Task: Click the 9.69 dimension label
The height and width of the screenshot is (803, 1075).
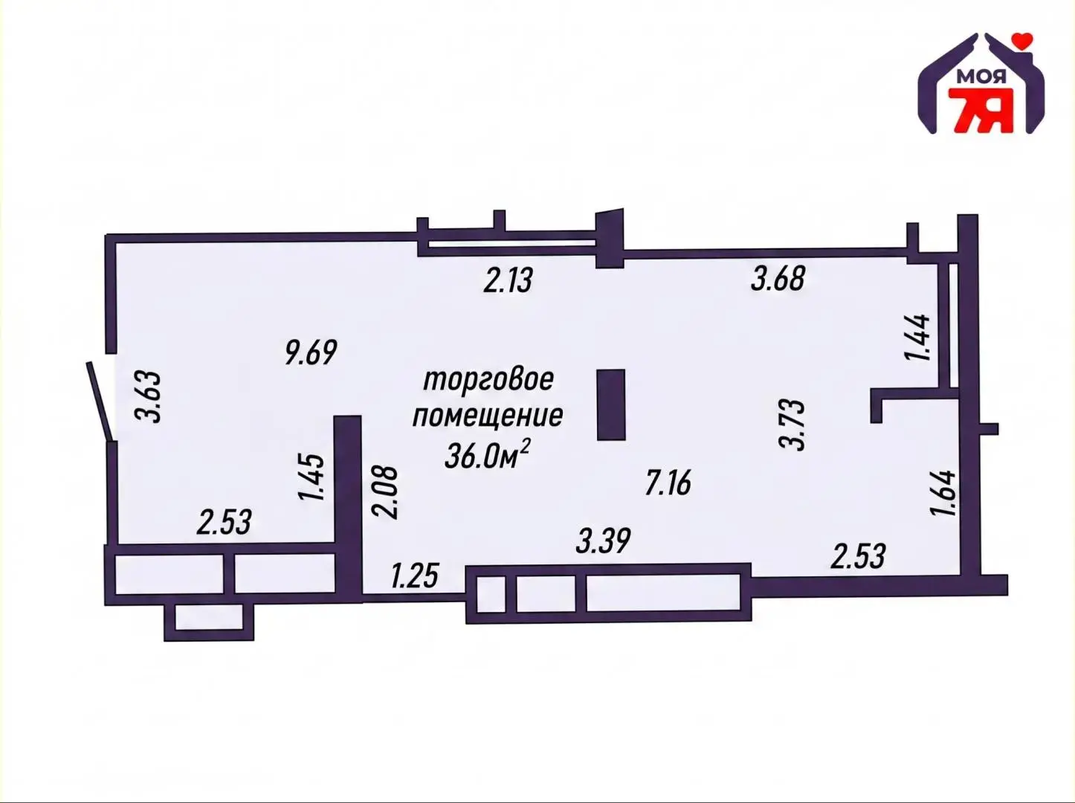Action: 311,352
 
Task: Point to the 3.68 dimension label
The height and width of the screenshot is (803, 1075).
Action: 778,279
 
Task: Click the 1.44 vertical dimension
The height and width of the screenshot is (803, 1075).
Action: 917,338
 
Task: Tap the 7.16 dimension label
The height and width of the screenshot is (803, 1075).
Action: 668,483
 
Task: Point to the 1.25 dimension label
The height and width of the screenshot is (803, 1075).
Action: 414,575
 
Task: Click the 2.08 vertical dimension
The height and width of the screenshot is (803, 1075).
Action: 385,492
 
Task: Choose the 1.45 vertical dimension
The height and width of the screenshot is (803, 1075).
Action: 311,477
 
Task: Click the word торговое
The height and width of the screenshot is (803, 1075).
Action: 488,381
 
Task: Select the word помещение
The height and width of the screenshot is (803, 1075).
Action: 488,416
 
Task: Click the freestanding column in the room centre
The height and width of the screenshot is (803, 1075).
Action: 611,404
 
